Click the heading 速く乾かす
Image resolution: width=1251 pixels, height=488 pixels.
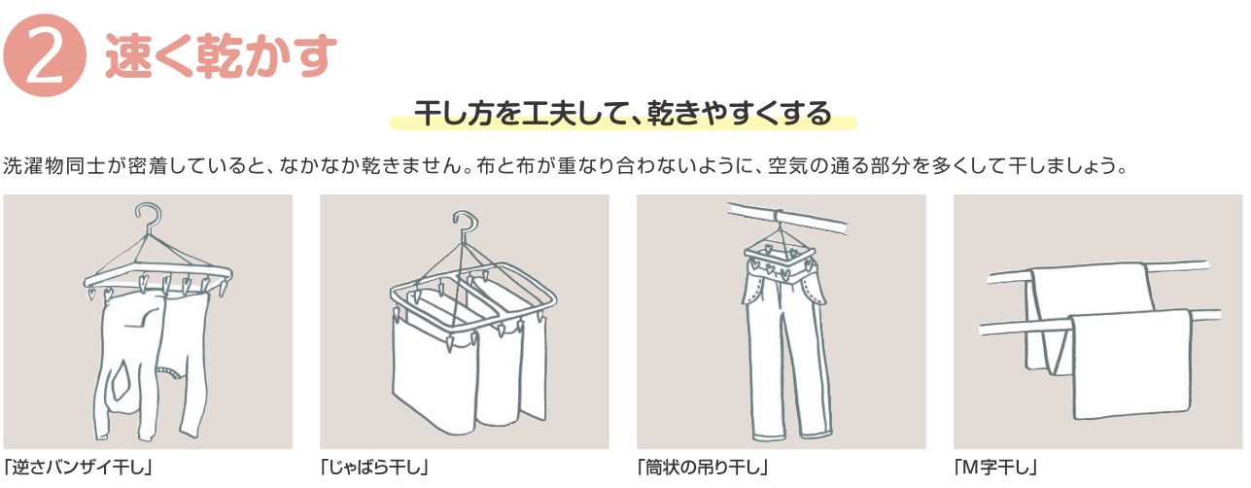click(221, 55)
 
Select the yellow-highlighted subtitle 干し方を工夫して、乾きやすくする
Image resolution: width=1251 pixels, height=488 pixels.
click(622, 114)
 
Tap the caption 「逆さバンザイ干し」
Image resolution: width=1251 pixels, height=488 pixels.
click(78, 467)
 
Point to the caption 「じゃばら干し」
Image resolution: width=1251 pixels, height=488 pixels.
click(374, 467)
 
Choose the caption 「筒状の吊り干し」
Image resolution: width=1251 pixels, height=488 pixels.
click(703, 467)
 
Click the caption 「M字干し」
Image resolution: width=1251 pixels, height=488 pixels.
click(995, 467)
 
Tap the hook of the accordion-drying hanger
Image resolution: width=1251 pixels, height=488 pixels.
click(465, 224)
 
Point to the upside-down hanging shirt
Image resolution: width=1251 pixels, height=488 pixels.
click(151, 363)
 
